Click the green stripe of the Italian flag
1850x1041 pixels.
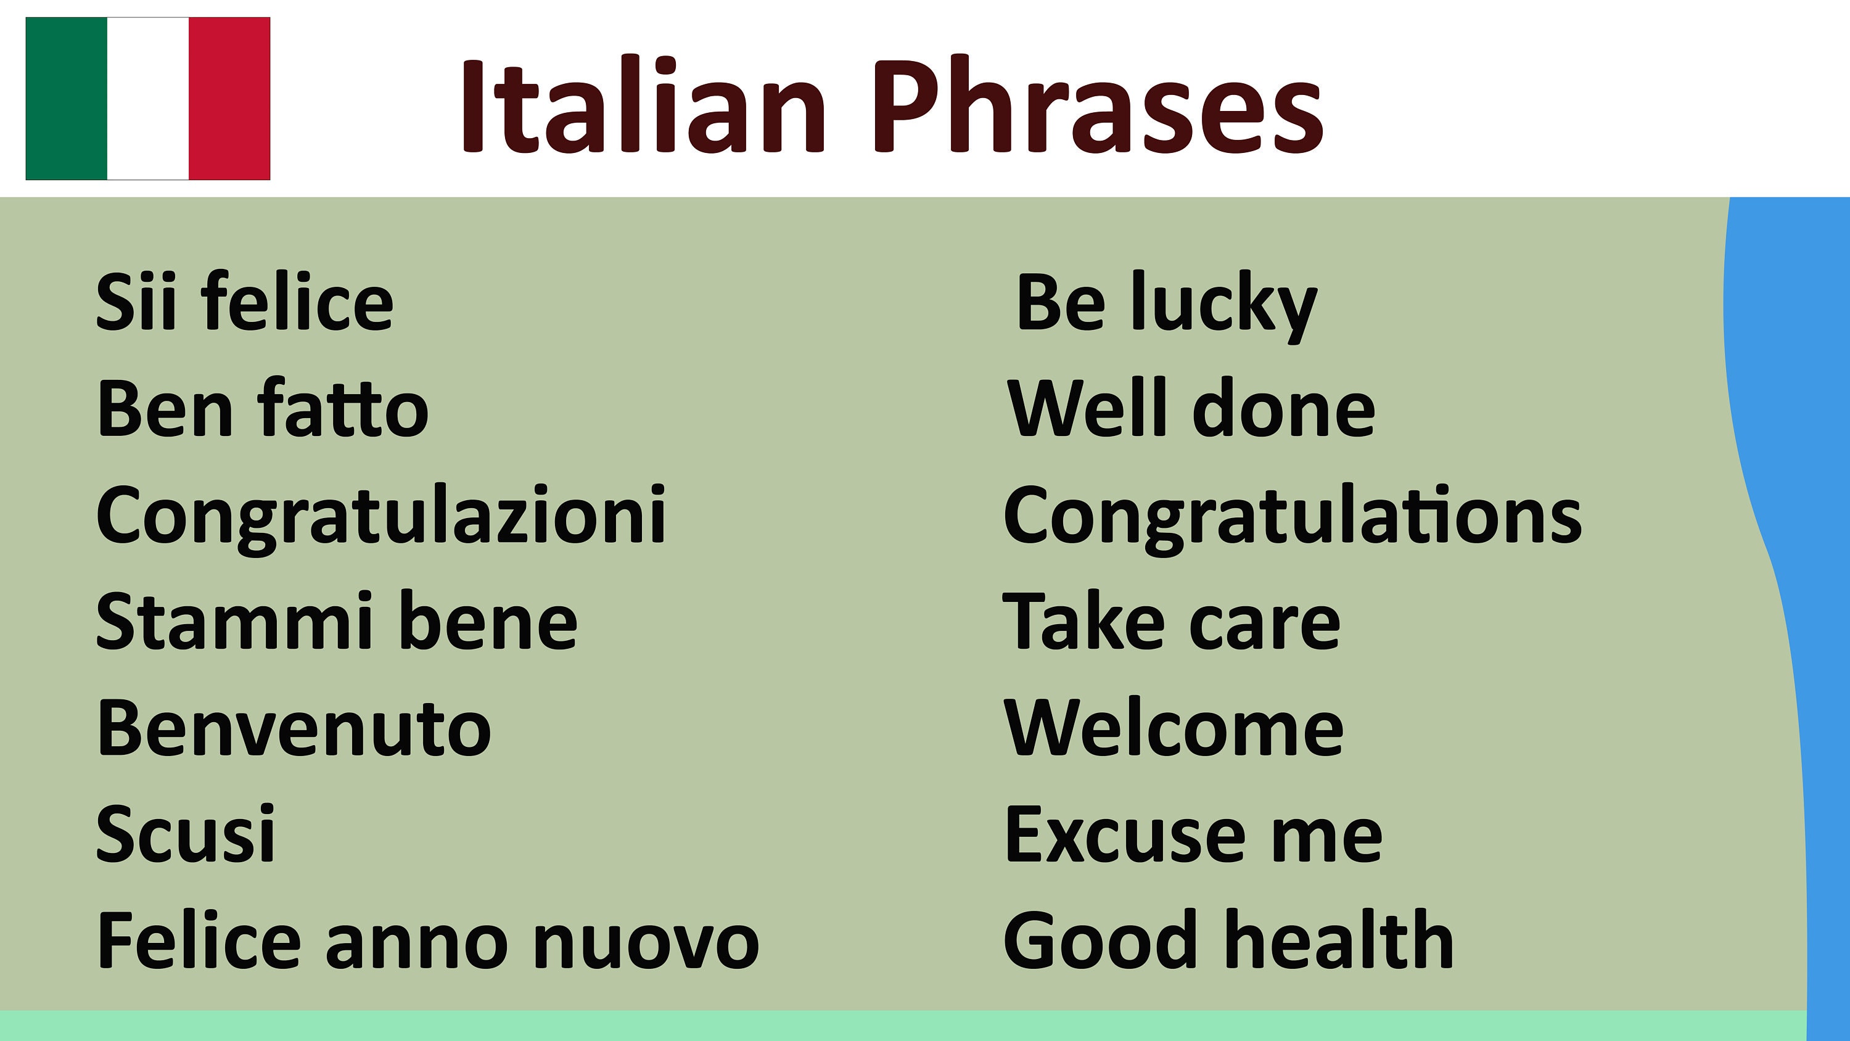point(66,99)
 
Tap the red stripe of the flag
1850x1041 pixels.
point(229,99)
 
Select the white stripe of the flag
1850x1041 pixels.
point(148,99)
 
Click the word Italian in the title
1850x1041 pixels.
point(643,106)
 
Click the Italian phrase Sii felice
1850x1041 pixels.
point(245,302)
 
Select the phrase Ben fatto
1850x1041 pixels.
point(262,408)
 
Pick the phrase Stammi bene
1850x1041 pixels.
point(336,622)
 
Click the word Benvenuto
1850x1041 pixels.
point(294,728)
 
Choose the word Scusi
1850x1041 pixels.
point(185,834)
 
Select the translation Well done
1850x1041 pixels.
point(1191,408)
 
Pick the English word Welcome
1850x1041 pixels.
point(1174,728)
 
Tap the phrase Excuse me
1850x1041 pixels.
point(1193,834)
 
